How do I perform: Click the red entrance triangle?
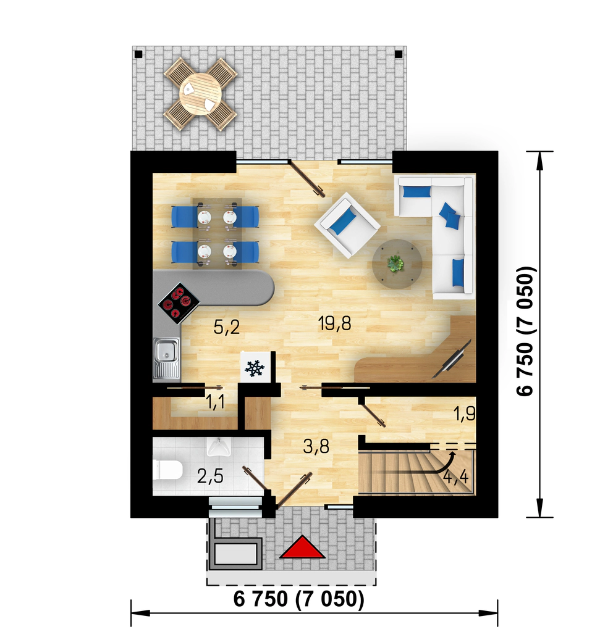(x=302, y=547)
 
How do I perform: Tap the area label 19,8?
(x=334, y=323)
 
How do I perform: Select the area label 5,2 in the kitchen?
(x=226, y=327)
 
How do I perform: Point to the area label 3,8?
(x=316, y=447)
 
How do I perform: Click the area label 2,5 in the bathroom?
(x=210, y=477)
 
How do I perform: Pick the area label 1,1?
(x=216, y=402)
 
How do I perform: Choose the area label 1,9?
(x=465, y=414)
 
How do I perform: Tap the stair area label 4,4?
(x=456, y=477)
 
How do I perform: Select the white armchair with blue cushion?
(x=347, y=224)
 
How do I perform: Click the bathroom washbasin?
(x=218, y=446)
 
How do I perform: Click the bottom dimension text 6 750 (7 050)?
(x=299, y=599)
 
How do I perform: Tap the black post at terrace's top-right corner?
(x=399, y=53)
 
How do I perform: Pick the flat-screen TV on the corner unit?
(x=452, y=359)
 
